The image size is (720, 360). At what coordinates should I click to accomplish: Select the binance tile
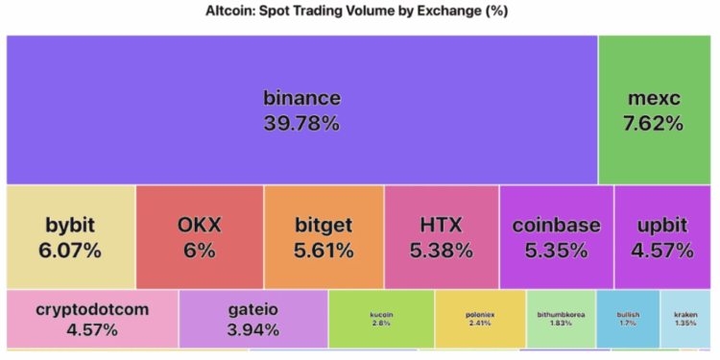point(301,109)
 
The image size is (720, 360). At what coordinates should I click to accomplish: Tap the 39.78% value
point(301,123)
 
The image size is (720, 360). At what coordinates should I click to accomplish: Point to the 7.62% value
point(654,123)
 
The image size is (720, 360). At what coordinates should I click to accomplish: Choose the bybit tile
point(71,237)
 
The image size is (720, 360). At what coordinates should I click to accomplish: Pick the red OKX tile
point(200,237)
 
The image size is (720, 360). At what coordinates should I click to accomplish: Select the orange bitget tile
point(324,237)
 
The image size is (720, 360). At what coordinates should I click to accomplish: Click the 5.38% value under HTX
point(441,251)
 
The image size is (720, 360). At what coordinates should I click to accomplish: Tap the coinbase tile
point(556,237)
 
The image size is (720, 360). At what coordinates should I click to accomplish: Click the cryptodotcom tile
point(92,319)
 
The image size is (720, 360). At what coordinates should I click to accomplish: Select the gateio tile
point(253,319)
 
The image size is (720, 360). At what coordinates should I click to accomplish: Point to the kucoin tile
point(381,319)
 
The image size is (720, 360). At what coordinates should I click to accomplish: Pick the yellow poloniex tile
point(480,319)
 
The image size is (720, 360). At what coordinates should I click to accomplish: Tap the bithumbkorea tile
point(561,319)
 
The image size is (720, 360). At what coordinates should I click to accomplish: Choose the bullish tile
point(628,319)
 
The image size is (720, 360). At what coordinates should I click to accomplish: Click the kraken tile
point(685,319)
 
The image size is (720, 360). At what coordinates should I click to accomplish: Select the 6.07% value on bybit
point(71,251)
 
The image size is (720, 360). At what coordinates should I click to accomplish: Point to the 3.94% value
point(253,330)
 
